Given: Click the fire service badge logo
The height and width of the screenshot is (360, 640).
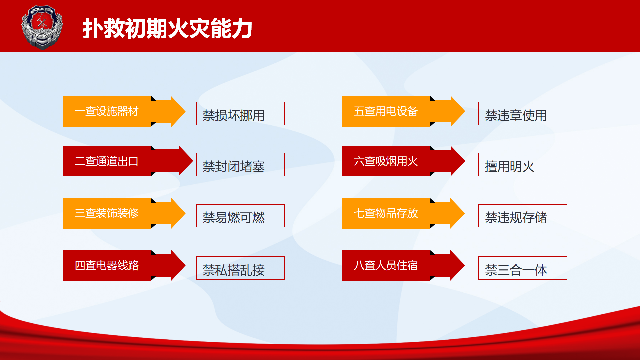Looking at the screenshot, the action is pyautogui.click(x=42, y=27).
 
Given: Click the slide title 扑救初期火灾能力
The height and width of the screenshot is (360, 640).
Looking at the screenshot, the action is pyautogui.click(x=167, y=29).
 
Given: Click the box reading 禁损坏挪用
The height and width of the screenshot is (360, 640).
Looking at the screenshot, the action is pyautogui.click(x=240, y=114).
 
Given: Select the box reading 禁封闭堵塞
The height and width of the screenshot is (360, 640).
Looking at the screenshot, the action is pyautogui.click(x=240, y=165).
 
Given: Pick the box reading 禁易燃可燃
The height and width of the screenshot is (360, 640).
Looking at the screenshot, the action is pyautogui.click(x=240, y=216).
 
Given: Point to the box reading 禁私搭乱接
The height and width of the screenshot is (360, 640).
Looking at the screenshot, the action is pyautogui.click(x=240, y=268).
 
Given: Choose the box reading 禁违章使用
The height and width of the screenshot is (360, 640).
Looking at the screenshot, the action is pyautogui.click(x=523, y=114).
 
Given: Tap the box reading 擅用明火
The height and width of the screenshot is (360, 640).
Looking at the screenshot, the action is pyautogui.click(x=523, y=165).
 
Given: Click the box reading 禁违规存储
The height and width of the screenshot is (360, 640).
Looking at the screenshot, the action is pyautogui.click(x=523, y=216).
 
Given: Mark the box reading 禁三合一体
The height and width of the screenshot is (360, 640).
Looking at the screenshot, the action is pyautogui.click(x=523, y=268).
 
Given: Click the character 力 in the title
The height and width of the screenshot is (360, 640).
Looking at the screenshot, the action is pyautogui.click(x=242, y=29).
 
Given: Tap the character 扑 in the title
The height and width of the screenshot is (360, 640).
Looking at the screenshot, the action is pyautogui.click(x=93, y=29).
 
